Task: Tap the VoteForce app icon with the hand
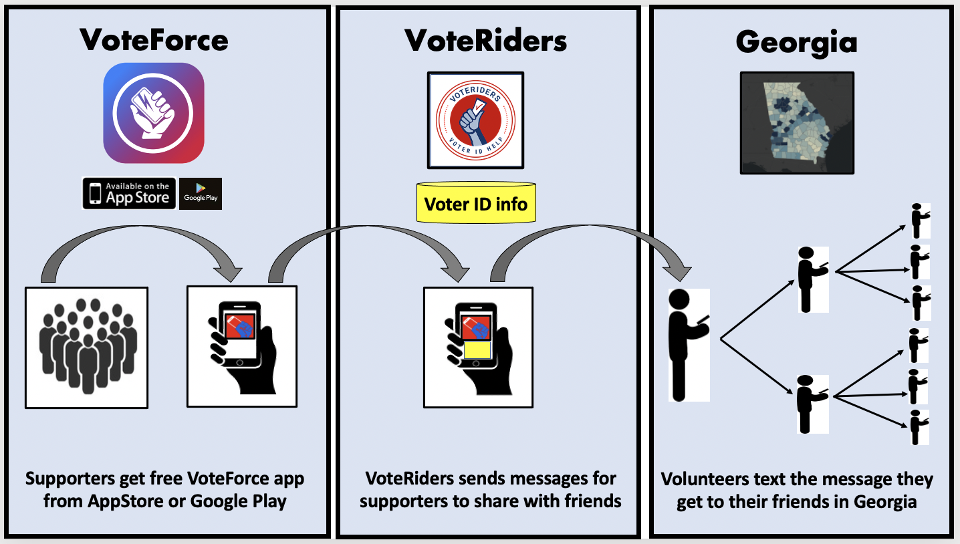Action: pos(154,113)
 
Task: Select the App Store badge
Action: pos(129,194)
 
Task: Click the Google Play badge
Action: pos(201,194)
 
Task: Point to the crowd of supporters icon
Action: pos(86,347)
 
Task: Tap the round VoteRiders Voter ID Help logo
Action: pos(475,120)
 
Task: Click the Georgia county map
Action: pos(797,124)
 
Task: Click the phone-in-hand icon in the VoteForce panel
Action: pos(241,346)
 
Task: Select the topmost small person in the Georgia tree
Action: pos(920,221)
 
